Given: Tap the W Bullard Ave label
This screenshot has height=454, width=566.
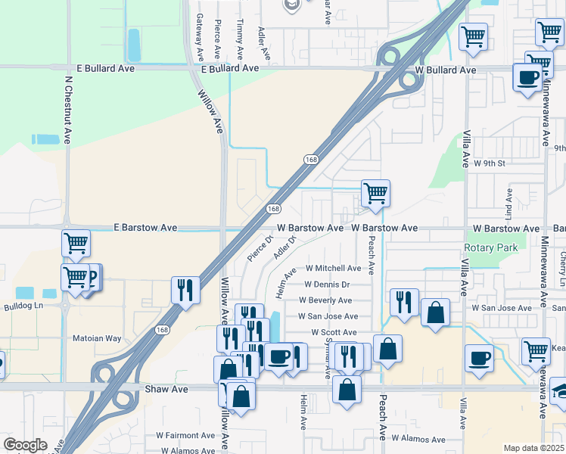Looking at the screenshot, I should pyautogui.click(x=446, y=70).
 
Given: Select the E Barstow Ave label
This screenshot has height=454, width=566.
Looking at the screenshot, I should pyautogui.click(x=145, y=227).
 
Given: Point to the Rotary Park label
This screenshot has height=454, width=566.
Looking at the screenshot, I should pyautogui.click(x=491, y=248).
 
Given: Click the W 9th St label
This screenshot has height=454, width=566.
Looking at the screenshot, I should pyautogui.click(x=489, y=163).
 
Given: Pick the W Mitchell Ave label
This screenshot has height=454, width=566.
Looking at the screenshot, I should pyautogui.click(x=333, y=269).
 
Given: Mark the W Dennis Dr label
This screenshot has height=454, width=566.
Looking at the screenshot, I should pyautogui.click(x=327, y=285).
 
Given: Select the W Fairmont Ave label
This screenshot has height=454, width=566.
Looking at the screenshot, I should pyautogui.click(x=185, y=435).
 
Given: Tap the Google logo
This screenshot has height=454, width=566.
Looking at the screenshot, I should pyautogui.click(x=25, y=445).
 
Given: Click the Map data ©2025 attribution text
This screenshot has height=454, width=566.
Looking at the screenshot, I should pyautogui.click(x=533, y=448).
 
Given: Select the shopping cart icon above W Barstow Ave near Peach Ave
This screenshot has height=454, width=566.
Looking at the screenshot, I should pyautogui.click(x=375, y=194).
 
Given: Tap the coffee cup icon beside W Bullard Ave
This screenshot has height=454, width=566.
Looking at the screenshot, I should pyautogui.click(x=527, y=76).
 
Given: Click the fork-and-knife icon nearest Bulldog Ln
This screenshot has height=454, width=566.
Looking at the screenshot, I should pyautogui.click(x=185, y=290).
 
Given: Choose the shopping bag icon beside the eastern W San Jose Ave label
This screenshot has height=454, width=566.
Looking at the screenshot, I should pyautogui.click(x=435, y=313).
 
